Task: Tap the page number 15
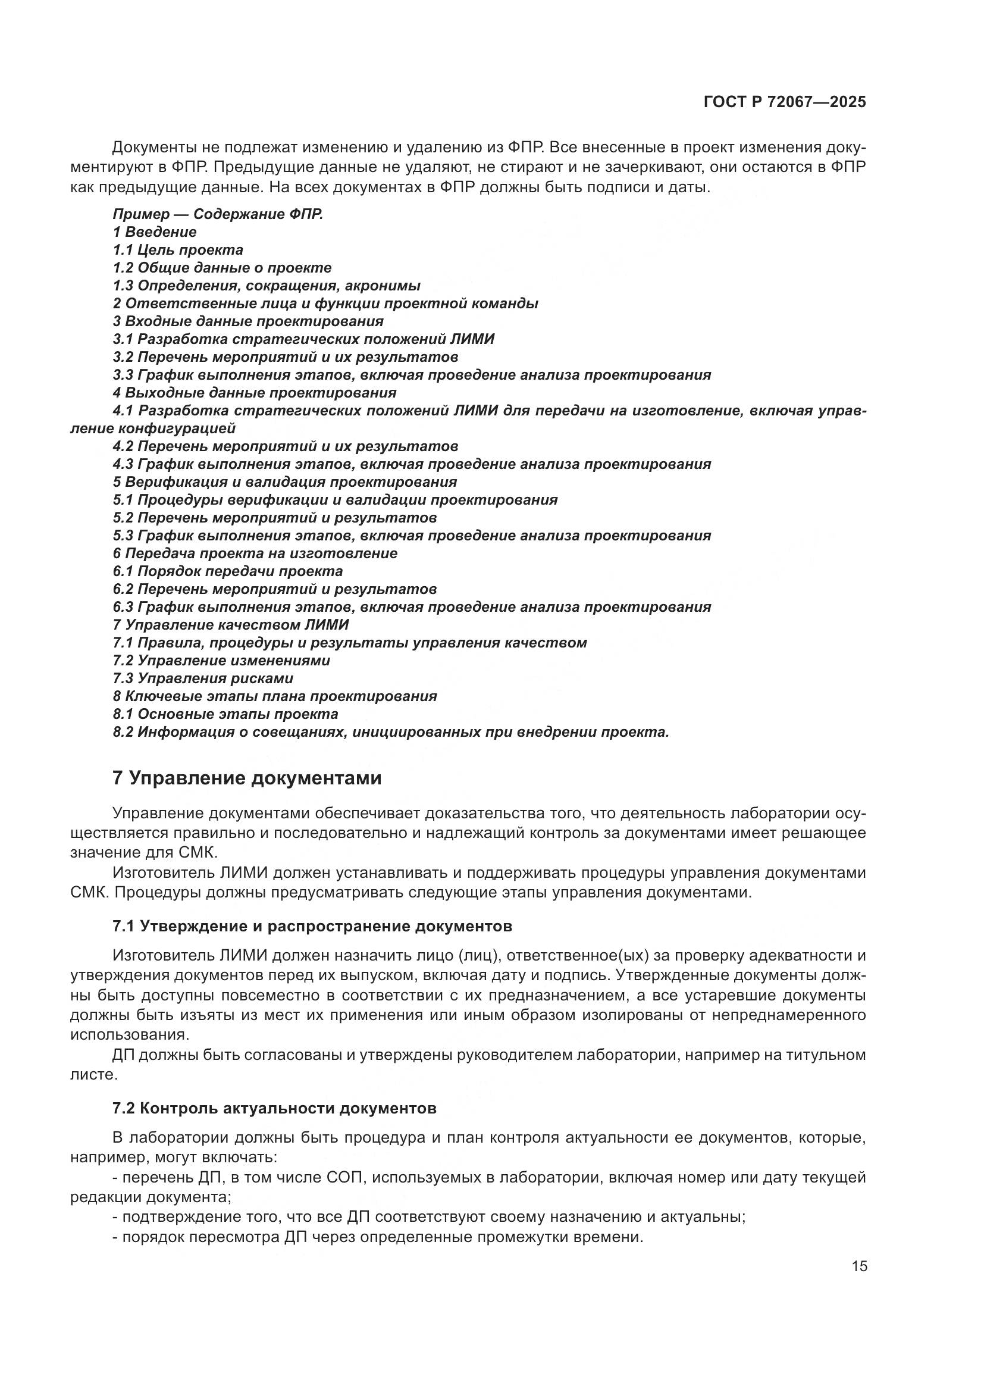pyautogui.click(x=859, y=1266)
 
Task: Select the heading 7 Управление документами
pyautogui.click(x=247, y=778)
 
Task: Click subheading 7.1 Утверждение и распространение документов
pyautogui.click(x=312, y=927)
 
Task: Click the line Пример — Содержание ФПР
pyautogui.click(x=218, y=214)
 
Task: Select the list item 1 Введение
pyautogui.click(x=155, y=232)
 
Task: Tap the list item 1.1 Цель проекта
pyautogui.click(x=177, y=250)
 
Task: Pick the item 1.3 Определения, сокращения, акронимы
pyautogui.click(x=266, y=285)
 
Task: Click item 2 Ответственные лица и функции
pyautogui.click(x=325, y=303)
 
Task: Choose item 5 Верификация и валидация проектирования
pyautogui.click(x=284, y=482)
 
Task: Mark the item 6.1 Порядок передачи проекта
pyautogui.click(x=227, y=571)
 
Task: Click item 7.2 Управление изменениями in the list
pyautogui.click(x=221, y=660)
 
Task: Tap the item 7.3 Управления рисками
pyautogui.click(x=202, y=678)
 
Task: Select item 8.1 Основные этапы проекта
pyautogui.click(x=225, y=714)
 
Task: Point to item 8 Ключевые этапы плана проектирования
pyautogui.click(x=274, y=696)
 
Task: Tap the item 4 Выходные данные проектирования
pyautogui.click(x=255, y=392)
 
